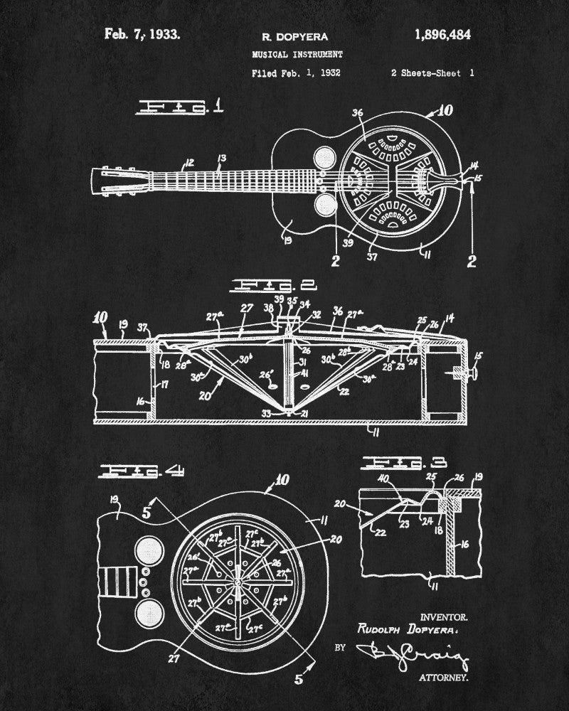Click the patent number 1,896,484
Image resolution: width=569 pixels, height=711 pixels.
pyautogui.click(x=437, y=33)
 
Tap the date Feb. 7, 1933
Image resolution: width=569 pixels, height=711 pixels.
pyautogui.click(x=142, y=33)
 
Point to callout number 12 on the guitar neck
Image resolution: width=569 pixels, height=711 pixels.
pyautogui.click(x=190, y=163)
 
